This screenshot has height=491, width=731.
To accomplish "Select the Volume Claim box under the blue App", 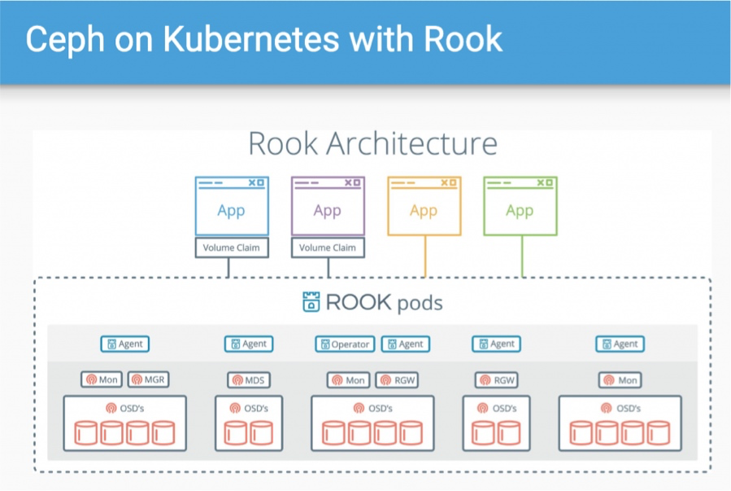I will tap(231, 248).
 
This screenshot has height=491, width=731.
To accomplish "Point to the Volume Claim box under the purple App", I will tap(328, 248).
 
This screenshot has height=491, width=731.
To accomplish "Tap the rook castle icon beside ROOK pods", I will tap(310, 303).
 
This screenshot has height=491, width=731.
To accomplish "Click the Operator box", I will tap(346, 344).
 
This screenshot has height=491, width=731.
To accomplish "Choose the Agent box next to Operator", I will tap(405, 344).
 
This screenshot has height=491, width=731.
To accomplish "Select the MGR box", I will tap(148, 380).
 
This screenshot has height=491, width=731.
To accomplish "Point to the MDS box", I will tap(248, 380).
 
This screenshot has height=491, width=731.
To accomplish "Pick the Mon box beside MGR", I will tap(101, 380).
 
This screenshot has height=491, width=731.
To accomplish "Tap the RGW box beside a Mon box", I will tap(397, 380).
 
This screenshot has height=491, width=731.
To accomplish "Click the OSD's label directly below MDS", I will tap(249, 408).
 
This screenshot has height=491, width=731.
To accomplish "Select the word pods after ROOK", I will tap(420, 304).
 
